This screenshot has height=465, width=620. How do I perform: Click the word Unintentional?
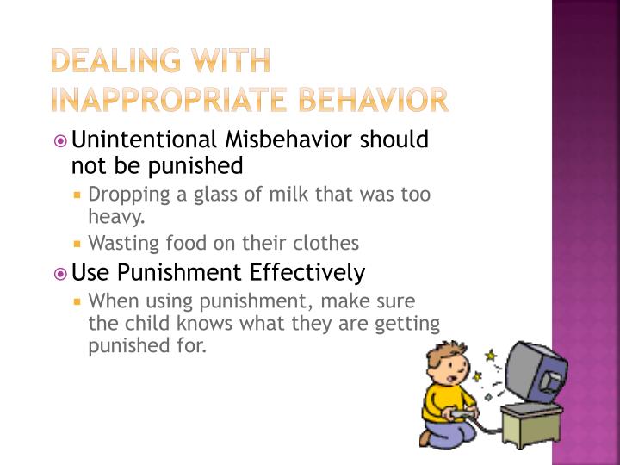tap(145, 139)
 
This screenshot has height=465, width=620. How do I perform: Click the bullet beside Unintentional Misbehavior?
tap(59, 140)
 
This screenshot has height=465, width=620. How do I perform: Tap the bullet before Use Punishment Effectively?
tap(59, 274)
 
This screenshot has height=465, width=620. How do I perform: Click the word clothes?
tap(327, 243)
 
